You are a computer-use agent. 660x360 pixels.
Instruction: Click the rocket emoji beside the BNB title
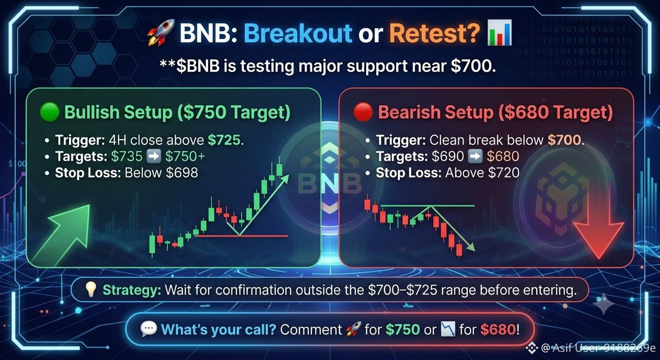tap(161, 32)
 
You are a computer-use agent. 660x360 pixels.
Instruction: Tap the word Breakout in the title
tap(298, 33)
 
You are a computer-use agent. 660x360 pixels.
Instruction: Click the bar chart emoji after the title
tap(499, 33)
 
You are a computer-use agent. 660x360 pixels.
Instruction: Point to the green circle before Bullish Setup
tap(50, 112)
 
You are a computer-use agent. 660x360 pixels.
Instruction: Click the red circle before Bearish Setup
tap(363, 112)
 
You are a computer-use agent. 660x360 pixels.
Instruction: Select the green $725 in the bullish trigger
tap(224, 140)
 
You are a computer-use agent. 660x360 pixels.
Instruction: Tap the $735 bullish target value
tap(127, 156)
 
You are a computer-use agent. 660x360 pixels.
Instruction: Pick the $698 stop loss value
tap(182, 172)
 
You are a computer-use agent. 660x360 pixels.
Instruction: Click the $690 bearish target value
tap(448, 156)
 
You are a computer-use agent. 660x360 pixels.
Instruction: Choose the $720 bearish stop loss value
tap(503, 172)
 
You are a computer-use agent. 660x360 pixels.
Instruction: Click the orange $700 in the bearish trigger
tap(564, 140)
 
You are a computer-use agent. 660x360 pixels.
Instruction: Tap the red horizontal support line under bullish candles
tap(242, 236)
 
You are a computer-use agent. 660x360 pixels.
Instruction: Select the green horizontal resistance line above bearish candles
tap(427, 206)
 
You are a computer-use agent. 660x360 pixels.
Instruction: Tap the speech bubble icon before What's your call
tap(149, 329)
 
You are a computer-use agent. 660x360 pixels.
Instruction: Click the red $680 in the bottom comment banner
tap(498, 330)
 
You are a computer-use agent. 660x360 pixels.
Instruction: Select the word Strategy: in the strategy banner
tap(132, 291)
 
